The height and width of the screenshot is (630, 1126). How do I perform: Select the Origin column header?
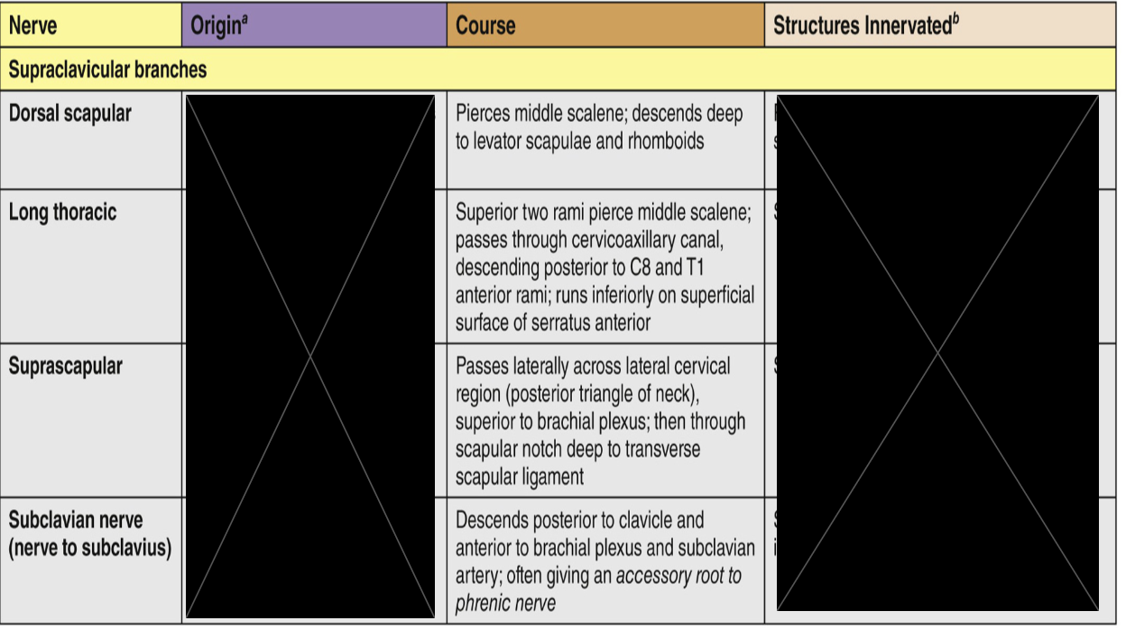click(x=215, y=25)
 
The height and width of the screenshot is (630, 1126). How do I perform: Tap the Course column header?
click(x=485, y=25)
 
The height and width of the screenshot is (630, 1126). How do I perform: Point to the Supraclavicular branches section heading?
click(x=107, y=69)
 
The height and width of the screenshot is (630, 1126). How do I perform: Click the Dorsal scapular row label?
click(x=69, y=114)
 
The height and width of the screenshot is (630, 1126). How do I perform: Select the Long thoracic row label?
click(x=63, y=213)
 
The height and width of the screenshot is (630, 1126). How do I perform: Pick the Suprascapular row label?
click(x=66, y=366)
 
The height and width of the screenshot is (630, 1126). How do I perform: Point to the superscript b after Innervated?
click(x=955, y=19)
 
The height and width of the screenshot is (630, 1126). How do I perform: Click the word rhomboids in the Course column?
click(x=660, y=141)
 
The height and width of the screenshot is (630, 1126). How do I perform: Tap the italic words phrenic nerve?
click(x=505, y=602)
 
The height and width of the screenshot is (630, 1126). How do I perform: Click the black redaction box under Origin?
click(x=310, y=357)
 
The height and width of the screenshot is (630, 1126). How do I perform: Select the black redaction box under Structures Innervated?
click(x=937, y=352)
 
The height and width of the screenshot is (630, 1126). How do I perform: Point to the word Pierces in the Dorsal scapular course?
click(x=484, y=114)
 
